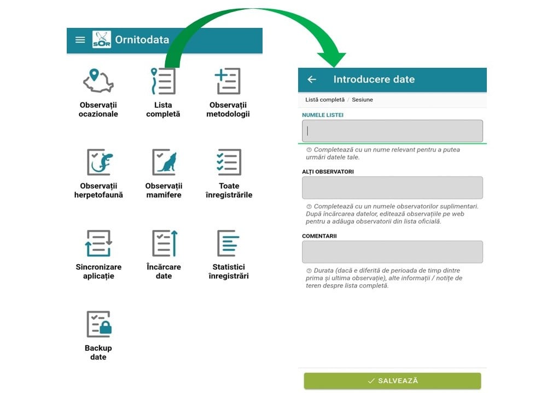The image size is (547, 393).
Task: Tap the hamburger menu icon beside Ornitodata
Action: coord(80,40)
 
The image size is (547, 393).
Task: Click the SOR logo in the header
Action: coord(102,39)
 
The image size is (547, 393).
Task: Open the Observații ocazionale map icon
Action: coord(98,80)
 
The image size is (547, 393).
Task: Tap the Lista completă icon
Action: coord(163,81)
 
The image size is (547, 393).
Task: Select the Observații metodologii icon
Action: coord(228,81)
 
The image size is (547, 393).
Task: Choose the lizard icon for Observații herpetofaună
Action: coord(100,162)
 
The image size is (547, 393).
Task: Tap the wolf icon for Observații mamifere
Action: coord(164,162)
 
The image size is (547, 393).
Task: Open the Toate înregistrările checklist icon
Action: coord(229,162)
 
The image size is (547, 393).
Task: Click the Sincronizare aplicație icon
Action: coord(98,243)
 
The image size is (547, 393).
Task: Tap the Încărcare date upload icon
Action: coord(165,243)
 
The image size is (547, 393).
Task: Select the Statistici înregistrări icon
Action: coord(228,243)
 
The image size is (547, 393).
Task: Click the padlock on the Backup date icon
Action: coord(106,327)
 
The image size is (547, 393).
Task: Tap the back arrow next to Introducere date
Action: coord(312,79)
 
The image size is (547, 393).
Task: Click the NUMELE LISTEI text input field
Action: coord(392,131)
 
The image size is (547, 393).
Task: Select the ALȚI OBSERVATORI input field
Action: coord(392,187)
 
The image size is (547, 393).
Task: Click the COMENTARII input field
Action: coord(392,252)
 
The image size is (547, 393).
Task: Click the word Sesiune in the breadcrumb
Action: coord(362,99)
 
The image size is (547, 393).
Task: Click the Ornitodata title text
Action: coord(142,39)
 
